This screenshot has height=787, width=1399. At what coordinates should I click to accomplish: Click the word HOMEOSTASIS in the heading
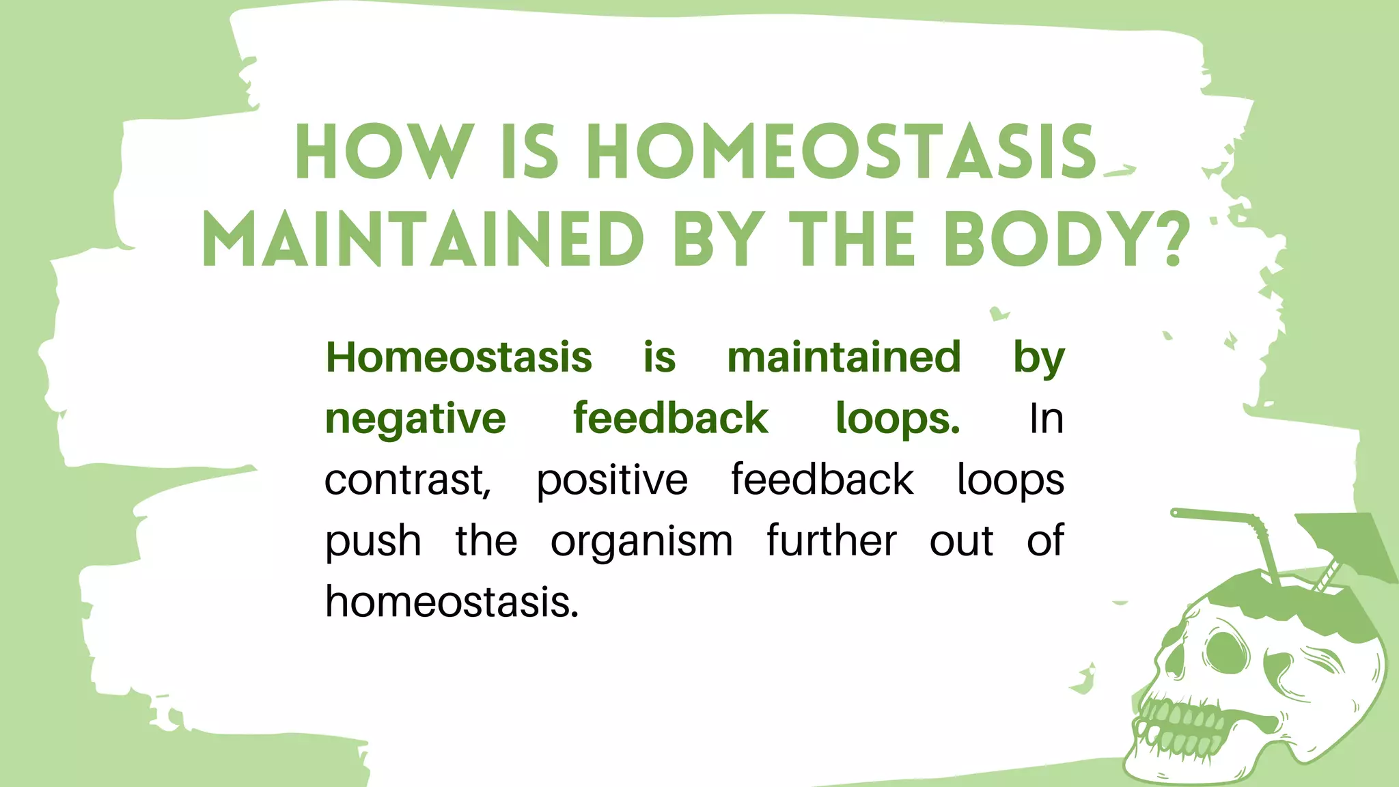coord(842,153)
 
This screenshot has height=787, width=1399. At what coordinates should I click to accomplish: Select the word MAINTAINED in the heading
coord(423,240)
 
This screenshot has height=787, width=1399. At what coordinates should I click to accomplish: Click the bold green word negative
coord(415,419)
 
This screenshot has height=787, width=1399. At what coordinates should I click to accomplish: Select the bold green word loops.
coord(898,419)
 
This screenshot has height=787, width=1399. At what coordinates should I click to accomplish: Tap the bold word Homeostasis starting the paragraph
coord(458,357)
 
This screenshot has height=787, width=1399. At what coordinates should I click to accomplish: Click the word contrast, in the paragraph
coord(407,480)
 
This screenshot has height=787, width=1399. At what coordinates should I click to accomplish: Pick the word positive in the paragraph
coord(611,480)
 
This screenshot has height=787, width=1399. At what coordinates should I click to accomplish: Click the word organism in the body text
coord(641,542)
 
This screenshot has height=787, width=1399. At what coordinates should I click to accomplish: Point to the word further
coord(831,540)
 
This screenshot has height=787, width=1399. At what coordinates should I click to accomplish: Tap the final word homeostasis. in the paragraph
coord(452,602)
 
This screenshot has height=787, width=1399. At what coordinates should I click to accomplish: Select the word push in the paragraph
coord(372,542)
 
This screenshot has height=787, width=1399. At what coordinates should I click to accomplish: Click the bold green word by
coord(1038,357)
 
